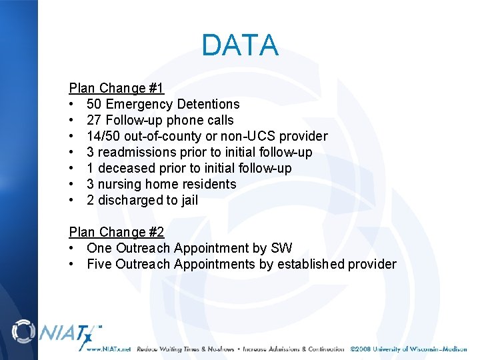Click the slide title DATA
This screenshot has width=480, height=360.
[239, 45]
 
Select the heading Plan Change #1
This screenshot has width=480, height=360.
[117, 88]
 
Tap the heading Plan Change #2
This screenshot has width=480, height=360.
[117, 232]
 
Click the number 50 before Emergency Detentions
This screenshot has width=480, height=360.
[94, 104]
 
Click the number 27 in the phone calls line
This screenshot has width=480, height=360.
[94, 120]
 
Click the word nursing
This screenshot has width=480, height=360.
[120, 184]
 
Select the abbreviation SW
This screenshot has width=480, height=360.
[281, 248]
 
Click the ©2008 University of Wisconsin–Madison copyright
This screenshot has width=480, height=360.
[409, 349]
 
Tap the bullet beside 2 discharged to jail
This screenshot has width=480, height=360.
[72, 200]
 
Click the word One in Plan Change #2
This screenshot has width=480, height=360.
[99, 248]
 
